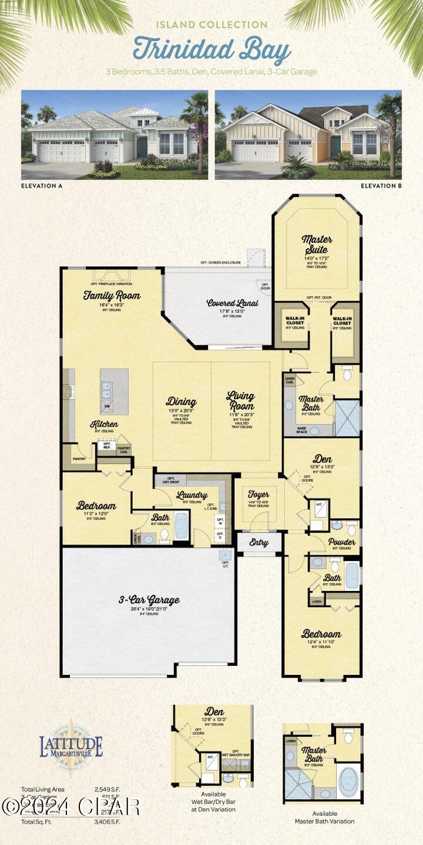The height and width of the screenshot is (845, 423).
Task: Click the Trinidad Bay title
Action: (211, 49)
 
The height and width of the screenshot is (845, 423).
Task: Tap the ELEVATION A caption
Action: (42, 186)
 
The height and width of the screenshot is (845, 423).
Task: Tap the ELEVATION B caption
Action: (381, 186)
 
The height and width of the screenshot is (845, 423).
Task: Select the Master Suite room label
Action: (317, 244)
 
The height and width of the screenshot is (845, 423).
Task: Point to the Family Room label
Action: (112, 296)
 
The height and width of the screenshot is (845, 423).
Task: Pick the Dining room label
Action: (181, 401)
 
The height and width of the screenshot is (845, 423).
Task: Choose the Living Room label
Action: (241, 401)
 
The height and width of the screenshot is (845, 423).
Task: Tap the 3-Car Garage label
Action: (149, 600)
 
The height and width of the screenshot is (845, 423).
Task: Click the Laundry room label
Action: (192, 495)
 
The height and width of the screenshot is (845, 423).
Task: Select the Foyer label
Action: (258, 494)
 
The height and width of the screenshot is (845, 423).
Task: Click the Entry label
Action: (259, 543)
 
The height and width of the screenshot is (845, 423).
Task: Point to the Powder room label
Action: (341, 542)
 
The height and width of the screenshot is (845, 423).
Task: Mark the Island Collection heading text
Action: (211, 25)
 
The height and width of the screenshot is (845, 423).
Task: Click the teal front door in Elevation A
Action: (142, 147)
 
